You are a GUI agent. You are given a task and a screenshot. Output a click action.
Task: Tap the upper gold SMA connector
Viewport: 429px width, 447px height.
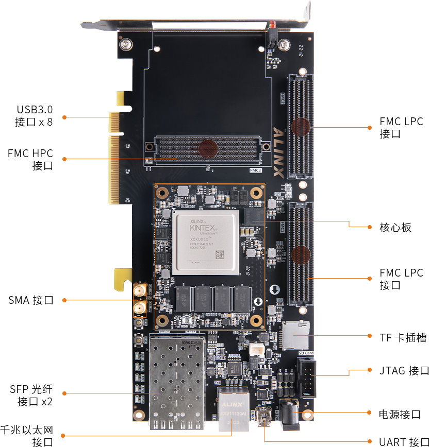[x=139, y=291]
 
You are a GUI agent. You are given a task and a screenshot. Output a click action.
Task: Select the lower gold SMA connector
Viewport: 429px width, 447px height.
[x=139, y=308]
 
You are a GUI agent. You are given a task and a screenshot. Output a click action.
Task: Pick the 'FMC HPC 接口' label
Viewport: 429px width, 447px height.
[x=30, y=160]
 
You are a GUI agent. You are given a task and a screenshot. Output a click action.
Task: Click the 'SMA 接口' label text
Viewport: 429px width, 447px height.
[x=31, y=300]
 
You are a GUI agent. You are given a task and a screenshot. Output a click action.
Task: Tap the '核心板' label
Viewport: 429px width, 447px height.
[x=395, y=227]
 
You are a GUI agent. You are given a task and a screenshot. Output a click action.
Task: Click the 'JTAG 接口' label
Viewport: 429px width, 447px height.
[x=404, y=371]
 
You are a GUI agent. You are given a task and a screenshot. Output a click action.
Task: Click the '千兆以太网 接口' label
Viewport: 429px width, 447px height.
[x=27, y=436]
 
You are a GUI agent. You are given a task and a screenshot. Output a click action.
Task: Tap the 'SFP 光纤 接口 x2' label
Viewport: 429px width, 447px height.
[x=31, y=395]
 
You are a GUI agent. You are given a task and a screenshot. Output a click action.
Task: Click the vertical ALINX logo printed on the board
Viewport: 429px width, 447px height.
[x=278, y=152]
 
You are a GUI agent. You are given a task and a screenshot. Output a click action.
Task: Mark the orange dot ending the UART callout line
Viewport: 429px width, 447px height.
[x=369, y=441]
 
